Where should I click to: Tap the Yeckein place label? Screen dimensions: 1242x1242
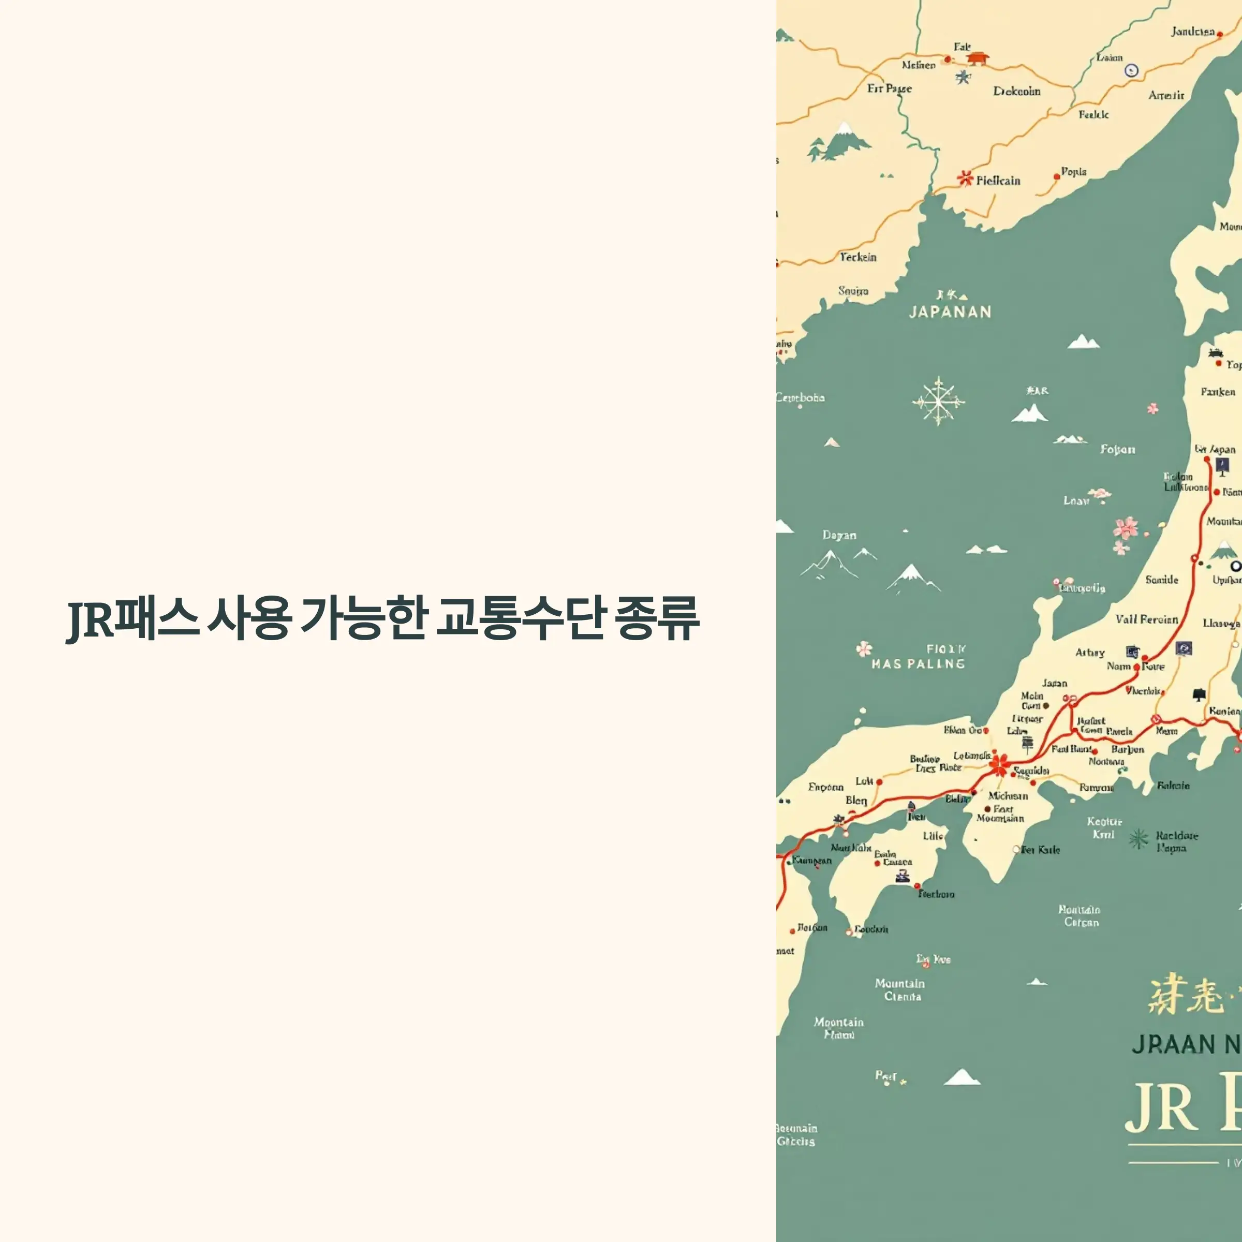pos(857,257)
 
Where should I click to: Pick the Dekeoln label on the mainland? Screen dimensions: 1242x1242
pos(1016,91)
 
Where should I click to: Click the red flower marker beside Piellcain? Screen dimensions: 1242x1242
pos(965,178)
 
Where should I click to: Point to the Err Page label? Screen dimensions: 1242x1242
pos(889,88)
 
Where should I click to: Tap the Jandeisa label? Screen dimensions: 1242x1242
pos(1192,32)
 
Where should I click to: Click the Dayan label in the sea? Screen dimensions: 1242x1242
pos(839,535)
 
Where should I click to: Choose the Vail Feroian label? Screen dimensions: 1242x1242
pos(1147,619)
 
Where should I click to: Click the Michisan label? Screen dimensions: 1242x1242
pos(1008,795)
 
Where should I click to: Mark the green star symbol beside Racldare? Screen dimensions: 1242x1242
pos(1138,838)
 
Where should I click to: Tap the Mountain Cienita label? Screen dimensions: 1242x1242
pos(900,989)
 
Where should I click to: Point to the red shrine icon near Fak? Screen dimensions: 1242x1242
pos(977,58)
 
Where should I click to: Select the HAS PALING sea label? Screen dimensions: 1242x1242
pos(918,663)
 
